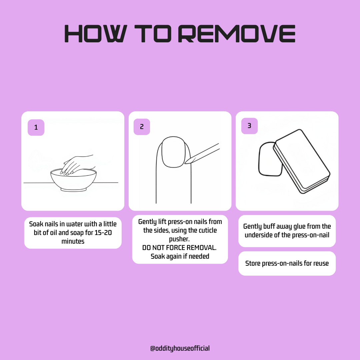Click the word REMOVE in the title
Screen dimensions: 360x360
pyautogui.click(x=236, y=34)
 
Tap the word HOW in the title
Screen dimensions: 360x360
pyautogui.click(x=96, y=34)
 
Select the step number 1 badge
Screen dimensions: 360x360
pyautogui.click(x=36, y=127)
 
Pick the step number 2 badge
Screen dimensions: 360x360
pyautogui.click(x=142, y=127)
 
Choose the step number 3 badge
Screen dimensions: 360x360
pyautogui.click(x=249, y=126)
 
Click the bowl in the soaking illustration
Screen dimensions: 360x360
pyautogui.click(x=73, y=180)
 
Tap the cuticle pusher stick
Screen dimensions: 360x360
pyautogui.click(x=202, y=154)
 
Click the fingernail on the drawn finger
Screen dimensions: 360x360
pyautogui.click(x=173, y=152)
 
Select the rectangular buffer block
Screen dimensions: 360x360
pyautogui.click(x=301, y=161)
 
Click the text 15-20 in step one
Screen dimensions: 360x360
pyautogui.click(x=103, y=233)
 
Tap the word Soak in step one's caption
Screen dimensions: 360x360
pyautogui.click(x=36, y=224)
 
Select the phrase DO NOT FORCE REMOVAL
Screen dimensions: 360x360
pyautogui.click(x=179, y=248)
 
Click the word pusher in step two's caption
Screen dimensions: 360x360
pyautogui.click(x=179, y=239)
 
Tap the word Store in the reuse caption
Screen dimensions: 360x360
pyautogui.click(x=253, y=263)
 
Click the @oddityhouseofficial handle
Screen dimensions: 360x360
pyautogui.click(x=180, y=348)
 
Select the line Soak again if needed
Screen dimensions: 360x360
pyautogui.click(x=180, y=256)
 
